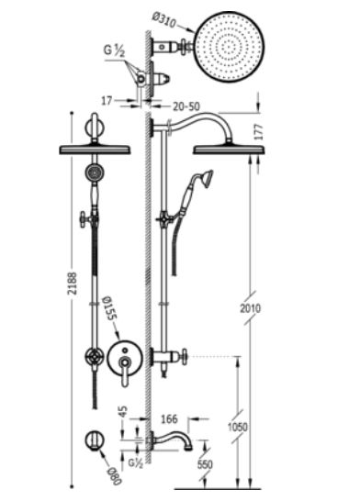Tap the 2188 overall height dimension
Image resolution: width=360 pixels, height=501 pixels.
pos(73,284)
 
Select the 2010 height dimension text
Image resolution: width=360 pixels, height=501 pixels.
pos(251,308)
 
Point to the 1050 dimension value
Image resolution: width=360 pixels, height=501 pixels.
pos(237,427)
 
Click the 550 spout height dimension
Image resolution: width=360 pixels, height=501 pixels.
pos(205,464)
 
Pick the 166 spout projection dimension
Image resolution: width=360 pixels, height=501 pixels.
pos(169,419)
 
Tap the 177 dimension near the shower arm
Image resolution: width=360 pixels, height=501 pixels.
pos(259,132)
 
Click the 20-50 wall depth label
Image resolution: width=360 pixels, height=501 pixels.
pos(186,106)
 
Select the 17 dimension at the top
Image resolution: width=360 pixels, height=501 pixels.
pos(107,101)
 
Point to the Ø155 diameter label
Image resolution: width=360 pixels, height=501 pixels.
pos(109,309)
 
